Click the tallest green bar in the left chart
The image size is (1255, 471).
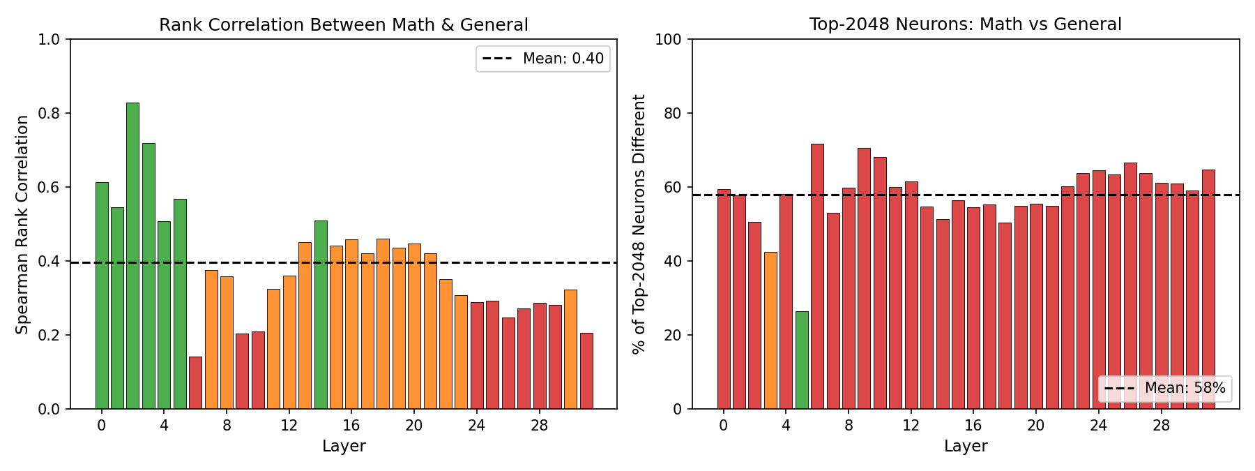tap(132, 255)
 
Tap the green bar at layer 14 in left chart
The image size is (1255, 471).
tap(321, 315)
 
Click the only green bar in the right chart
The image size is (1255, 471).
tap(802, 360)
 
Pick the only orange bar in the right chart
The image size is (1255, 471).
tap(770, 331)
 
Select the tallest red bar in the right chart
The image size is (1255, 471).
tap(817, 276)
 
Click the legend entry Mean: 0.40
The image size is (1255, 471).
tap(543, 59)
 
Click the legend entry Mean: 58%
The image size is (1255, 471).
tap(1165, 389)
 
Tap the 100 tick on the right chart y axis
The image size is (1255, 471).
tap(668, 39)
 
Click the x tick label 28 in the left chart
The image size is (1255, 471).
tap(539, 426)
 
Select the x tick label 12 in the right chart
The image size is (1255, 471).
tap(911, 426)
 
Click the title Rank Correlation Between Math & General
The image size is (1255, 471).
tap(344, 25)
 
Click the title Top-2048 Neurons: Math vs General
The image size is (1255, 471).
tap(966, 24)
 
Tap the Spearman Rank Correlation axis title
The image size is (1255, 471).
tap(22, 224)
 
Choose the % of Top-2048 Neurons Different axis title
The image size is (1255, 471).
tap(639, 224)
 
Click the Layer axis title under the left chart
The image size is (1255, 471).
tap(344, 447)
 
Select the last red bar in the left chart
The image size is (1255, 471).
tap(586, 371)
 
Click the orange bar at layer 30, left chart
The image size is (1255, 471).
tap(570, 349)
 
